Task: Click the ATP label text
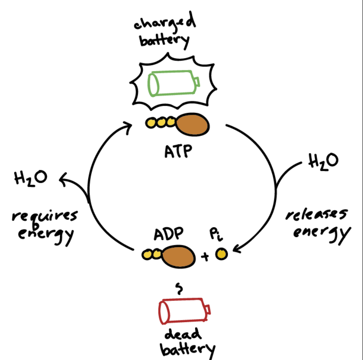178,152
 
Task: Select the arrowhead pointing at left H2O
64,178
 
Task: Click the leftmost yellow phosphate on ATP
151,124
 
